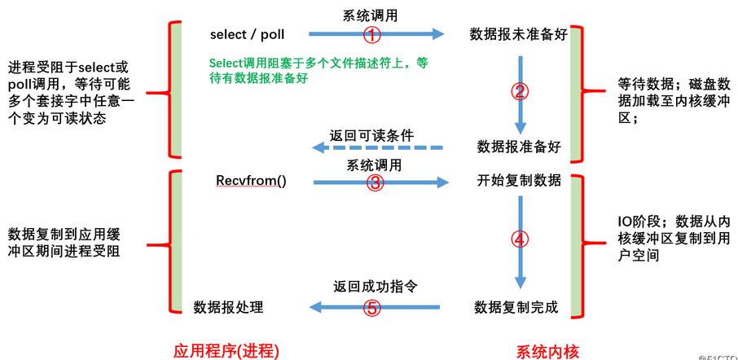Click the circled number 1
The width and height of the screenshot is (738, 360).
pyautogui.click(x=371, y=34)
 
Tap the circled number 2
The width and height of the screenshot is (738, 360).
pyautogui.click(x=520, y=90)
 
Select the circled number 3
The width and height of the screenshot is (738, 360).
pyautogui.click(x=374, y=182)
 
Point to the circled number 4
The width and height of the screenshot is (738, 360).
pyautogui.click(x=520, y=239)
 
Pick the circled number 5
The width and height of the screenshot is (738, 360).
pyautogui.click(x=371, y=307)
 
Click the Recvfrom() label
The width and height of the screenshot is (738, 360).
pyautogui.click(x=251, y=180)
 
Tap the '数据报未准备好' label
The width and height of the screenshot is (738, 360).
pyautogui.click(x=518, y=34)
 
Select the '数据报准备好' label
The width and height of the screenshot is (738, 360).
pyautogui.click(x=518, y=147)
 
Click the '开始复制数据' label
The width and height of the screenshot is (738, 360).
pyautogui.click(x=518, y=180)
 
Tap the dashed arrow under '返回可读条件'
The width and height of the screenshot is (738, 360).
pyautogui.click(x=378, y=148)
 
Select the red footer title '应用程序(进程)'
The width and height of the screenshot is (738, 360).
pyautogui.click(x=226, y=350)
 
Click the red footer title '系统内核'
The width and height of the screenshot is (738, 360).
pyautogui.click(x=547, y=350)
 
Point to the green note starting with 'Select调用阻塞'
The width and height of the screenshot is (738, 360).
pyautogui.click(x=318, y=71)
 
